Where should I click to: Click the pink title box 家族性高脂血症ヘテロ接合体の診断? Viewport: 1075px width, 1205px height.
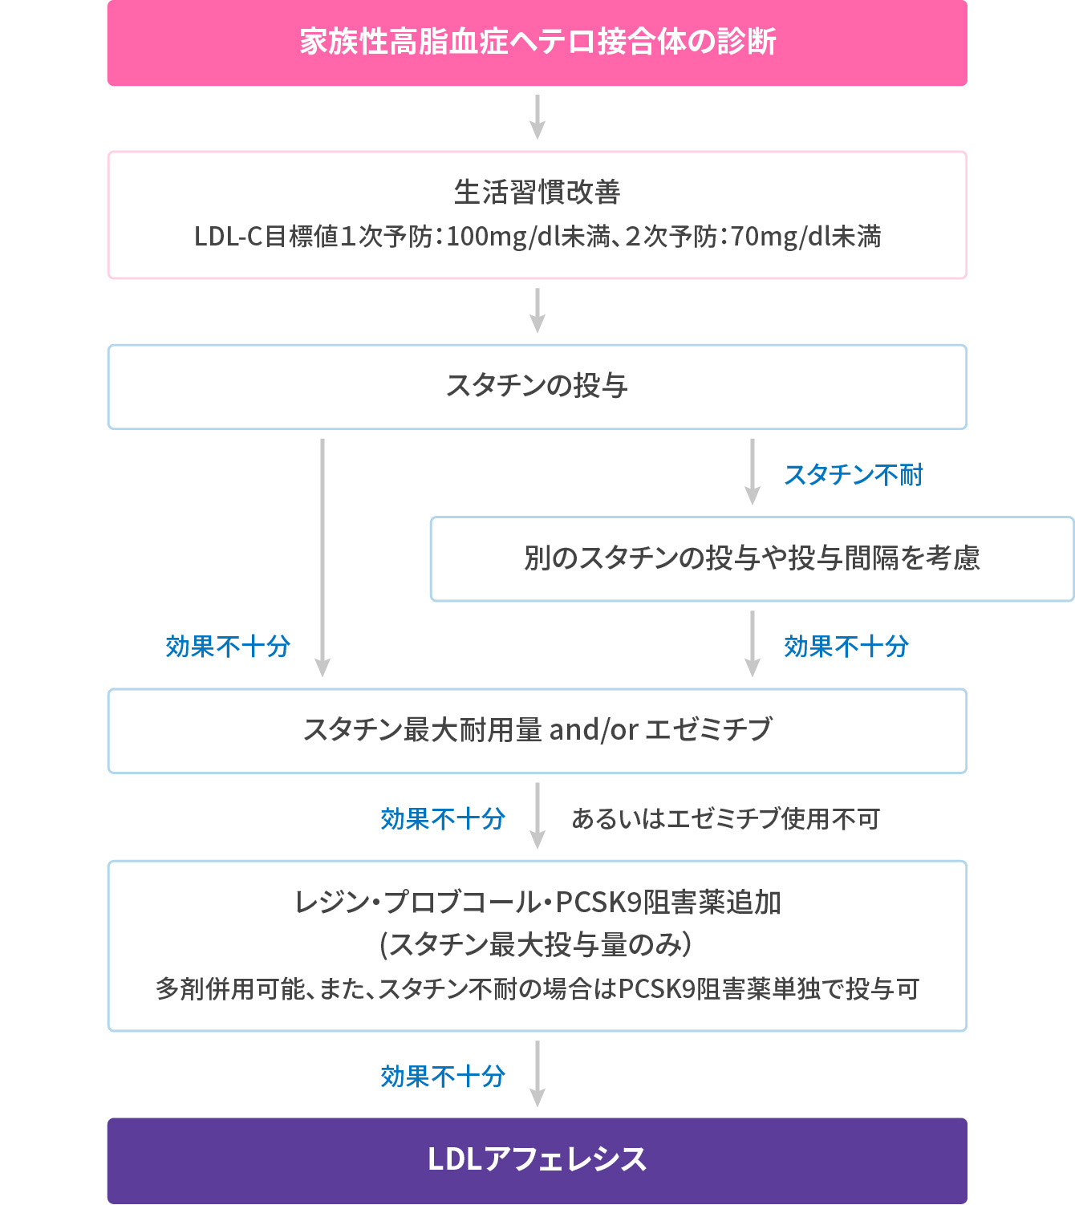pyautogui.click(x=537, y=43)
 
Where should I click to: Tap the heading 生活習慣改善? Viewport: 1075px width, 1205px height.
pyautogui.click(x=537, y=193)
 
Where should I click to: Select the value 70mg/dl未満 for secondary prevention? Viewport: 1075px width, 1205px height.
pyautogui.click(x=805, y=237)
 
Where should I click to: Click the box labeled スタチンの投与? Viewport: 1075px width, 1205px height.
pyautogui.click(x=537, y=387)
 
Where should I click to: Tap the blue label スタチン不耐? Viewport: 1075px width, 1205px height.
pyautogui.click(x=853, y=475)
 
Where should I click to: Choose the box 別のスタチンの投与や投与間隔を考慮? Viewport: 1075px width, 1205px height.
pyautogui.click(x=752, y=558)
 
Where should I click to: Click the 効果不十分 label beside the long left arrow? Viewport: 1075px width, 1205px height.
pyautogui.click(x=228, y=647)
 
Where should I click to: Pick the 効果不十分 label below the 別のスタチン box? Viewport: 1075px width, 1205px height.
pyautogui.click(x=846, y=647)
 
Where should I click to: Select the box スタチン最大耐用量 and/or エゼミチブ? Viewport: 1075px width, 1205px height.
pyautogui.click(x=537, y=730)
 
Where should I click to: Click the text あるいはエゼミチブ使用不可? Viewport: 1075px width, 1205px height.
pyautogui.click(x=725, y=819)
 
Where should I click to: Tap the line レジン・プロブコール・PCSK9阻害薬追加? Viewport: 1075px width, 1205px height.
pyautogui.click(x=537, y=903)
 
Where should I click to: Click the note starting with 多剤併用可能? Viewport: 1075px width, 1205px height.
pyautogui.click(x=537, y=989)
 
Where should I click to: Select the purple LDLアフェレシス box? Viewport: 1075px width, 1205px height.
pyautogui.click(x=537, y=1160)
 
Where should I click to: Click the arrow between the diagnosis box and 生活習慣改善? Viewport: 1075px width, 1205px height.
pyautogui.click(x=537, y=117)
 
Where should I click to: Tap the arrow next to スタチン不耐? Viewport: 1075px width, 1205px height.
pyautogui.click(x=752, y=472)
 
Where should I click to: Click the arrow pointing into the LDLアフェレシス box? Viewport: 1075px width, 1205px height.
pyautogui.click(x=537, y=1073)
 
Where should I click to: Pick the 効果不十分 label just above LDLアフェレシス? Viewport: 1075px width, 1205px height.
pyautogui.click(x=442, y=1077)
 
